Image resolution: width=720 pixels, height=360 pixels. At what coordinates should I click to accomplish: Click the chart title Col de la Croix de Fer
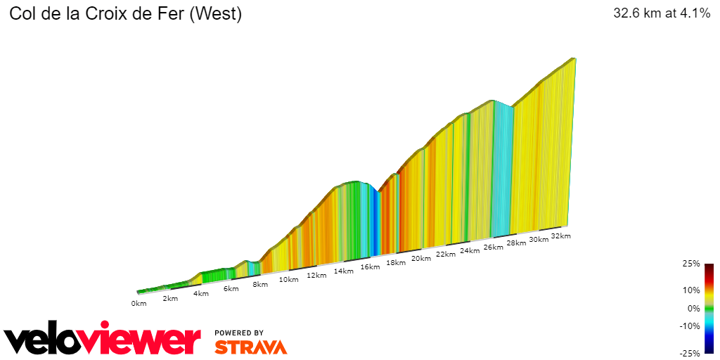pos(125,15)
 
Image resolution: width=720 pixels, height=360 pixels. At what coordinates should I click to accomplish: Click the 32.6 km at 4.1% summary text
pos(662,14)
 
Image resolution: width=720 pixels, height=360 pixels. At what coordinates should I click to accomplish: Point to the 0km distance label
pos(139,304)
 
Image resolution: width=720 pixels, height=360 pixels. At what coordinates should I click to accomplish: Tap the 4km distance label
pos(201,293)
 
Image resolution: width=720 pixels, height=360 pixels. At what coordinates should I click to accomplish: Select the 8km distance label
pos(259,285)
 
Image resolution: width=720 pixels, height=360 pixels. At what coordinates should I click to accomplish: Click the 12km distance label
pos(316,276)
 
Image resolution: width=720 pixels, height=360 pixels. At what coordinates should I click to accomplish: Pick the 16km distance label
pos(370,267)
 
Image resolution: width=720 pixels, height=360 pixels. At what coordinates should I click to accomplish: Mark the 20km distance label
pos(420,259)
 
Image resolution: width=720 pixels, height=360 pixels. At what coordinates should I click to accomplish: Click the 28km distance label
pos(516,243)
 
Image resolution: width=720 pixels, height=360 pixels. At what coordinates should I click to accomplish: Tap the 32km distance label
pos(560,236)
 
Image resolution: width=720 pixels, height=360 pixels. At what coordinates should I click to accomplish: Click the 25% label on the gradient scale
pos(692,264)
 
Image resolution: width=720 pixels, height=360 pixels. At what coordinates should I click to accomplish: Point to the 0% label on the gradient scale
pos(694,308)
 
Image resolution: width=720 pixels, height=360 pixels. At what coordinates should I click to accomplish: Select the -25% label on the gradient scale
pos(690,354)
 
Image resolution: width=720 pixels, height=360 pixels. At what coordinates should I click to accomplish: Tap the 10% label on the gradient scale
pos(692,290)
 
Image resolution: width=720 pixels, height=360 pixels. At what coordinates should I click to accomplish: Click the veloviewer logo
pos(103,341)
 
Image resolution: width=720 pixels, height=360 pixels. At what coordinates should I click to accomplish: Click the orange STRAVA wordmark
pos(250,347)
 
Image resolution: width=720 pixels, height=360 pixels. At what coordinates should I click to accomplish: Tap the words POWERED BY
pos(239,333)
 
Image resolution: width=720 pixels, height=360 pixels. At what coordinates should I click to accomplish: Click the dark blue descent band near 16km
pos(376,225)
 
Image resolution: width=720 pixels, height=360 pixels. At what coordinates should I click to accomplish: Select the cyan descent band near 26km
pos(502,169)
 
